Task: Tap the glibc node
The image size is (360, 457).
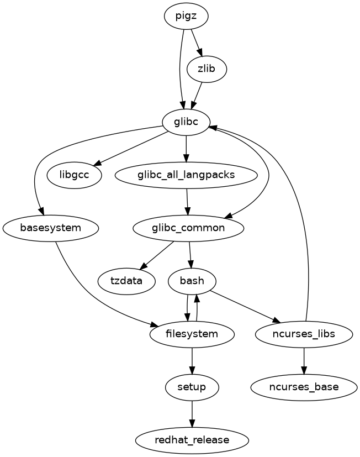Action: (x=186, y=122)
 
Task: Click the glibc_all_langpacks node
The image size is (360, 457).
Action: (x=186, y=175)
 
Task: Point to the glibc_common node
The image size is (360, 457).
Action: (x=188, y=228)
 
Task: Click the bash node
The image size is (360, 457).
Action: (x=192, y=281)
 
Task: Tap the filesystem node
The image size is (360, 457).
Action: (x=192, y=334)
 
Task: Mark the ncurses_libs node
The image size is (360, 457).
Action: (x=304, y=334)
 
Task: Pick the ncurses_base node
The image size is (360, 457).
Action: (x=304, y=387)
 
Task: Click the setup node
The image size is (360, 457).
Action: (x=192, y=387)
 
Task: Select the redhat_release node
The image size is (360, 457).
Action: (x=192, y=440)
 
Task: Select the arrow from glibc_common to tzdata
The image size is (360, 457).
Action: (x=158, y=254)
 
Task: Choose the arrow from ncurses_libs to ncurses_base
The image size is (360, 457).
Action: (x=304, y=360)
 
